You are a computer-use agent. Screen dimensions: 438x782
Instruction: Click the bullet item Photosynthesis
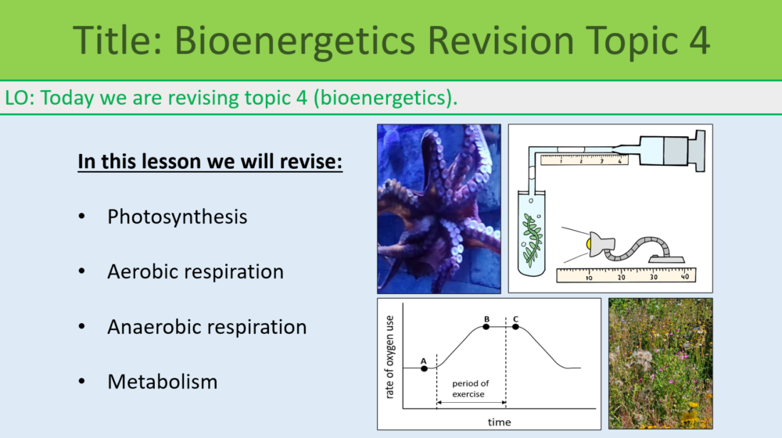(x=177, y=217)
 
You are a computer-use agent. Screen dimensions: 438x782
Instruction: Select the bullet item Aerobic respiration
(x=195, y=271)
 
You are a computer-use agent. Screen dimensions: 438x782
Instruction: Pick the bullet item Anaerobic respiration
(x=206, y=327)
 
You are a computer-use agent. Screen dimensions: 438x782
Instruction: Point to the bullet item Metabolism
(x=162, y=382)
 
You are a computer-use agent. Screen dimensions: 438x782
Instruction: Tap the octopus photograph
(x=439, y=208)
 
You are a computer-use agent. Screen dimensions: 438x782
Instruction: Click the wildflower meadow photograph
(x=661, y=363)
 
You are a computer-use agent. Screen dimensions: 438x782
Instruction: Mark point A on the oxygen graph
(x=424, y=368)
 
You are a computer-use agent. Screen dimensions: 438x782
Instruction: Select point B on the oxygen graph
(x=486, y=326)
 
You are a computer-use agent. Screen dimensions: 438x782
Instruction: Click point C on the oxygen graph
(x=515, y=326)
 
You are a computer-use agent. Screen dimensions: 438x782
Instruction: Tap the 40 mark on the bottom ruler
(x=684, y=277)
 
